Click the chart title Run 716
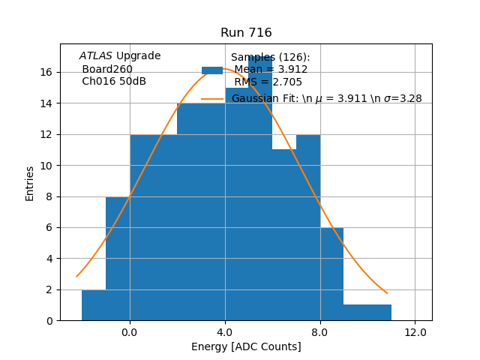pyautogui.click(x=246, y=33)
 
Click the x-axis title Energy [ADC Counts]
pyautogui.click(x=246, y=346)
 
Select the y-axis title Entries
pyautogui.click(x=30, y=183)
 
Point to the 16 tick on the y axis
pyautogui.click(x=45, y=72)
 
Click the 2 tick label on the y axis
pyautogui.click(x=48, y=289)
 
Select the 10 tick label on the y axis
pyautogui.click(x=45, y=165)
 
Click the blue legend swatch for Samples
pyautogui.click(x=212, y=70)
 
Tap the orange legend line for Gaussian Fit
pyautogui.click(x=212, y=98)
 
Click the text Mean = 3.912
pyautogui.click(x=271, y=70)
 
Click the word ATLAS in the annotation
pyautogui.click(x=96, y=55)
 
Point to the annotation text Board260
pyautogui.click(x=107, y=69)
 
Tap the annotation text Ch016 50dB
pyautogui.click(x=114, y=81)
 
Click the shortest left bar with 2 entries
pyautogui.click(x=94, y=305)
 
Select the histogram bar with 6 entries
pyautogui.click(x=332, y=274)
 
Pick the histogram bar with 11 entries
pyautogui.click(x=284, y=235)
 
